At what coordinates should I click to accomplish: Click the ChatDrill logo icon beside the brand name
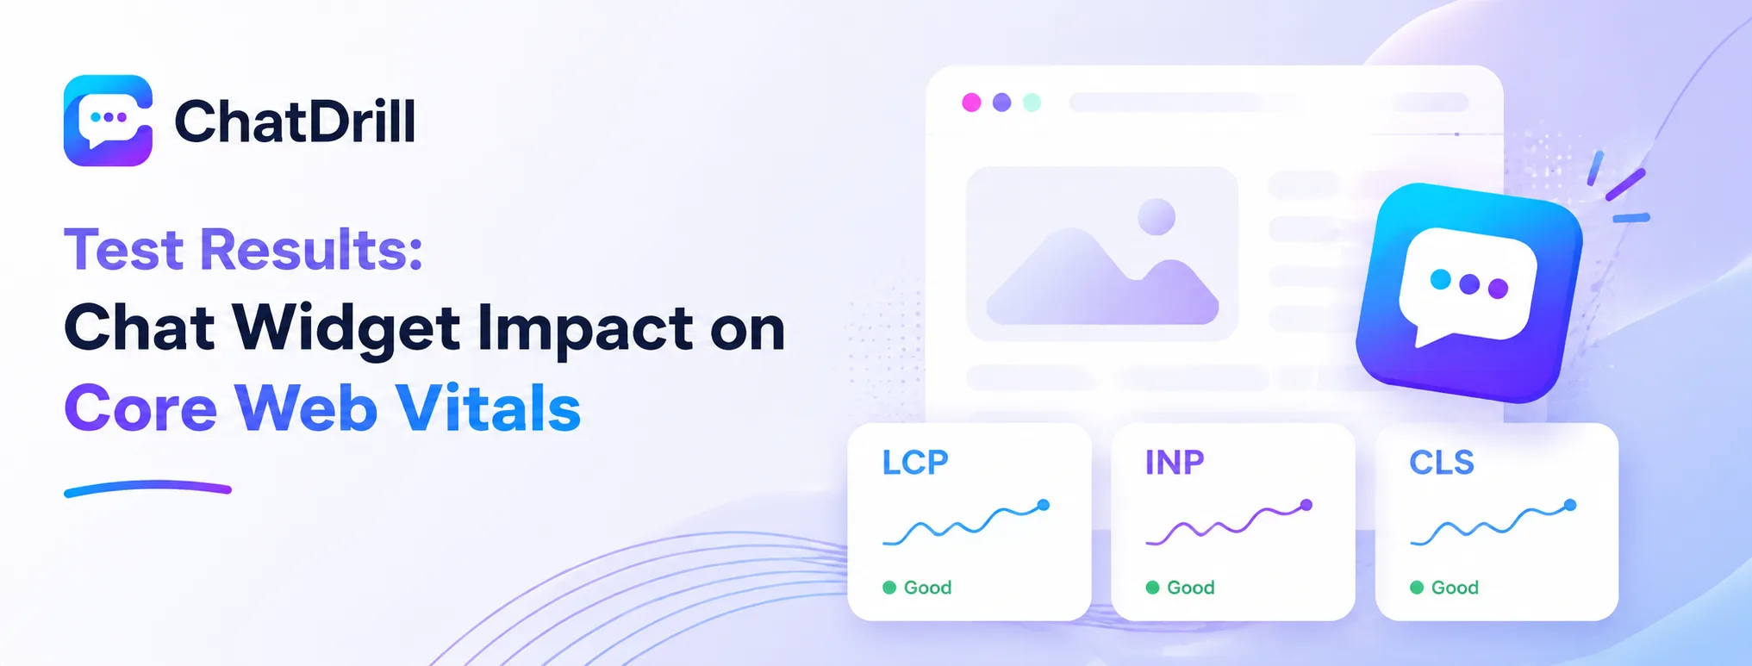click(109, 121)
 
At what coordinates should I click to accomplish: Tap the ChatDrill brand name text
click(296, 121)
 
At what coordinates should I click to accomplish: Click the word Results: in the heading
click(311, 250)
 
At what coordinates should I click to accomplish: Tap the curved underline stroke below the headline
click(147, 489)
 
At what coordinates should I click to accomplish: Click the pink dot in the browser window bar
click(971, 103)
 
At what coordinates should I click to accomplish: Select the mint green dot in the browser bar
click(1032, 103)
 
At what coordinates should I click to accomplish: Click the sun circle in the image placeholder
click(1157, 217)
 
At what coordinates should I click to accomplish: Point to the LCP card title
click(915, 463)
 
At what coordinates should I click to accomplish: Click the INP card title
click(1175, 463)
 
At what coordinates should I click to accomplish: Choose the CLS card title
click(1442, 463)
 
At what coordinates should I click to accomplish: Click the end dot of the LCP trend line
click(1043, 505)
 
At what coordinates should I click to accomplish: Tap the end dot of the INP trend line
click(1306, 505)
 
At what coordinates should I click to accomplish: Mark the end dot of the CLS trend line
click(1570, 505)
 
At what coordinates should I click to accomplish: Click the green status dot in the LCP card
click(889, 588)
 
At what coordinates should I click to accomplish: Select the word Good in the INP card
click(1191, 588)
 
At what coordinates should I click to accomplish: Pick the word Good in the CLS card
click(1455, 588)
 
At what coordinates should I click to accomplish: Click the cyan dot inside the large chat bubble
click(1440, 279)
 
